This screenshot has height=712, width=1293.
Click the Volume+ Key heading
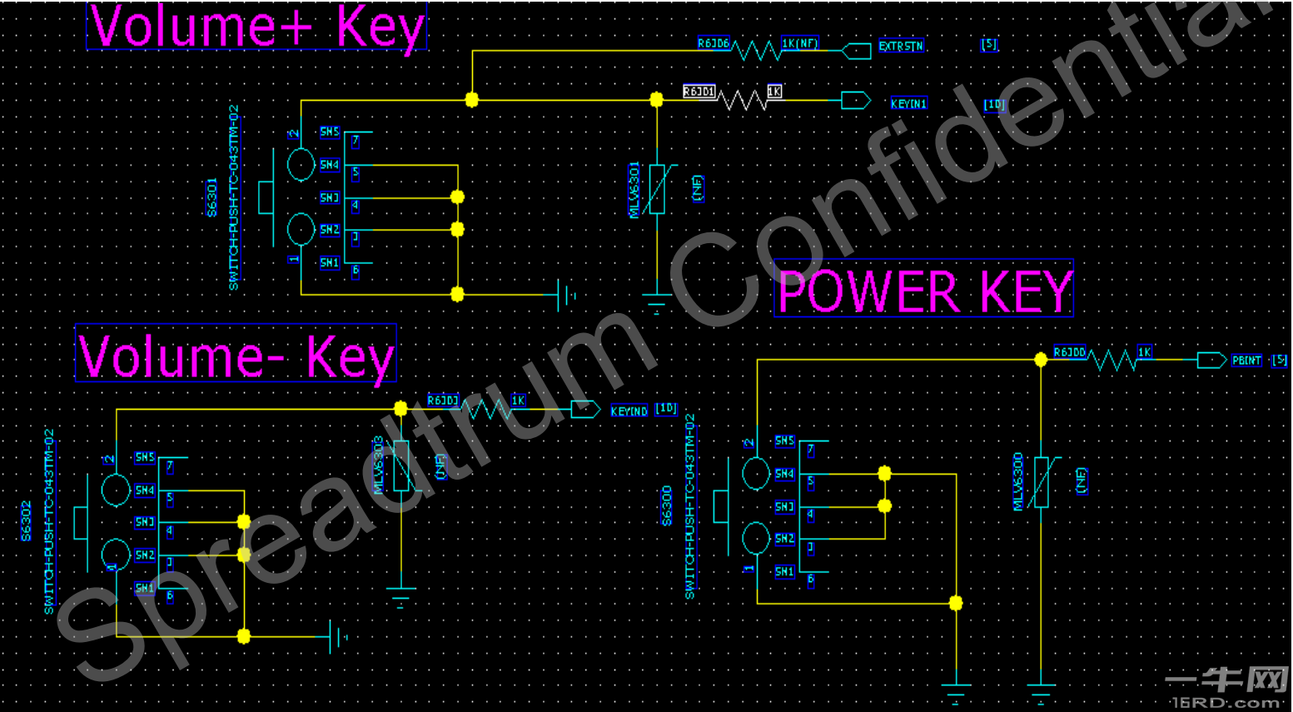[256, 27]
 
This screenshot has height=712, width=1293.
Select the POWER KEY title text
[923, 290]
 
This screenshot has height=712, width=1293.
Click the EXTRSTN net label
[901, 47]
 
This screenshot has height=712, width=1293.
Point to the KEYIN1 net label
[908, 104]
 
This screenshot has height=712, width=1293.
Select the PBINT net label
[1246, 361]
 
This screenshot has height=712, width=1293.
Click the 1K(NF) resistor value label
[799, 43]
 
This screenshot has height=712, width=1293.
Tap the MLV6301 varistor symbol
[657, 190]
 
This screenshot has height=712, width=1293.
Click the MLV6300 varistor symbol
[1041, 482]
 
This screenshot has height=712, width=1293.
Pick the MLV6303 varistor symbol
[401, 466]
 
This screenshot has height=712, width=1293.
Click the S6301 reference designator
[212, 197]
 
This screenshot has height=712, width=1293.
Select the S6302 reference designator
[27, 520]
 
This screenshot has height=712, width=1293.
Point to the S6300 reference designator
[667, 505]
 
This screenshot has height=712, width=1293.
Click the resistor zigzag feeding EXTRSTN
[757, 51]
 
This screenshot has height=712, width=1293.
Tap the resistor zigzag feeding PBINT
[1113, 361]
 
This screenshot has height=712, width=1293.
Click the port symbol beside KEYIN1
[855, 101]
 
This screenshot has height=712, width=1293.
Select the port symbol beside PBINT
[1211, 361]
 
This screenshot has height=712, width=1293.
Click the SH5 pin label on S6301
[330, 132]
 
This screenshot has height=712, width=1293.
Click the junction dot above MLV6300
[1041, 360]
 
